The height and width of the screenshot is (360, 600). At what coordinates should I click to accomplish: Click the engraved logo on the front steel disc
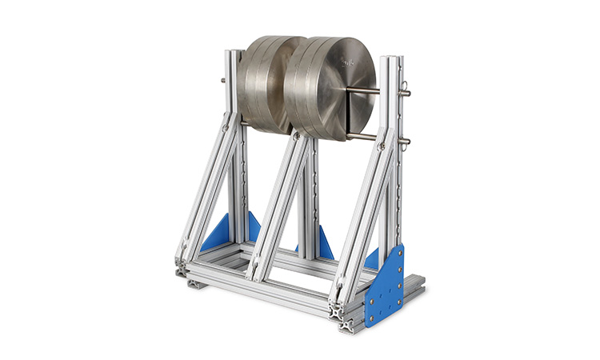[349, 61]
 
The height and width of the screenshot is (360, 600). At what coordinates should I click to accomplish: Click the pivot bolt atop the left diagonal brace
[226, 126]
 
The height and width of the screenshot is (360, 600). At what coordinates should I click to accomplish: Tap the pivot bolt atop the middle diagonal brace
[298, 136]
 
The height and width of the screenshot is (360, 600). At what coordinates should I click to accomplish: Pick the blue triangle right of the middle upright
[326, 244]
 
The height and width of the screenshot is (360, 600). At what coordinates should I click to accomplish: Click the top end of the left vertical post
[233, 54]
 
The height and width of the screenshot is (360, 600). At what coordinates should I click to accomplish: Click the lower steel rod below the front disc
[364, 138]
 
